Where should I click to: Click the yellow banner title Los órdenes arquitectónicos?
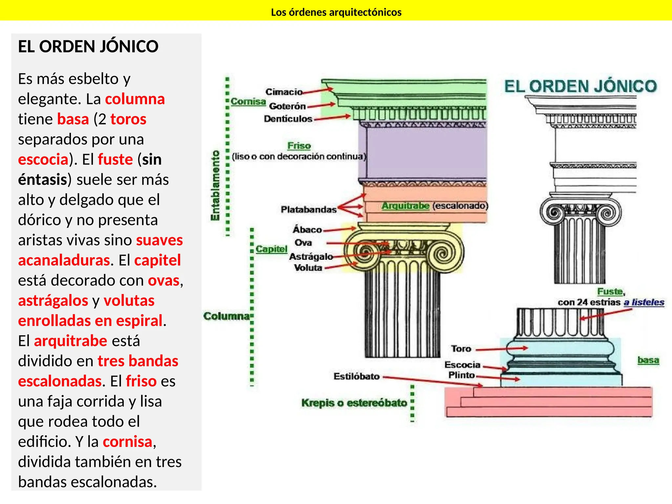pos(336,12)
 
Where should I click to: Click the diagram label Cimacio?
pos(284,92)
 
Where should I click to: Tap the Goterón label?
pos(287,106)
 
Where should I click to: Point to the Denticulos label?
pos(288,119)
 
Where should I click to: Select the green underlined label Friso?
pos(299,146)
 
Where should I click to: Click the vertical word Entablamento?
pos(215,185)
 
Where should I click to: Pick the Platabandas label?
pos(308,209)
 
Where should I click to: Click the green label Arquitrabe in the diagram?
pos(406,206)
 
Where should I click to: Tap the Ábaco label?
pos(307,230)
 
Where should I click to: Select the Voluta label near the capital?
pos(308,268)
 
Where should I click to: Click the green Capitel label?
pos(271,249)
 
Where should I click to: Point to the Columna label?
pos(226,316)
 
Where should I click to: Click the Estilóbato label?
pos(356,376)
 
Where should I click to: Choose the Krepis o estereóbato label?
pos(354,403)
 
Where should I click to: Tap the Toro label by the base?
pos(461,348)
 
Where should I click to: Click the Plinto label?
pos(461,375)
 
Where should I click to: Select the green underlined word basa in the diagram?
pos(648,360)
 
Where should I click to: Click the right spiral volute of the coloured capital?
pos(443,254)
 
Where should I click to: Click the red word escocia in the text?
pos(43,159)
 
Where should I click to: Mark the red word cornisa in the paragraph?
pos(128,442)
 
